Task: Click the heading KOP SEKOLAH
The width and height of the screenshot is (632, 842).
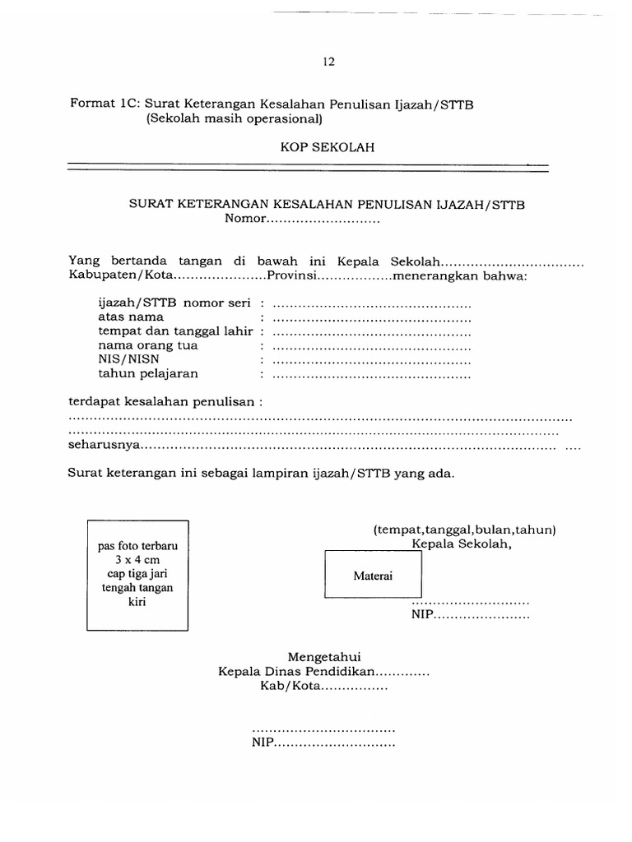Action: click(328, 148)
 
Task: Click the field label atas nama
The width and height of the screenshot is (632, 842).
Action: click(131, 317)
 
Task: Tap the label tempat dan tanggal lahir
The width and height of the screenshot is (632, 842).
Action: click(176, 331)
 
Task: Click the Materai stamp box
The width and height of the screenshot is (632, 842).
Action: click(373, 576)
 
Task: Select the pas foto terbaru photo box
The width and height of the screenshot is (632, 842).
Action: click(138, 574)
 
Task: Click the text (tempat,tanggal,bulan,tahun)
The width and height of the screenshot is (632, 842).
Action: click(464, 529)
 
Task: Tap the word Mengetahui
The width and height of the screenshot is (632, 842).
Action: click(325, 657)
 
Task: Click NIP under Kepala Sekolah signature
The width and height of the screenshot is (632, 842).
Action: click(422, 615)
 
